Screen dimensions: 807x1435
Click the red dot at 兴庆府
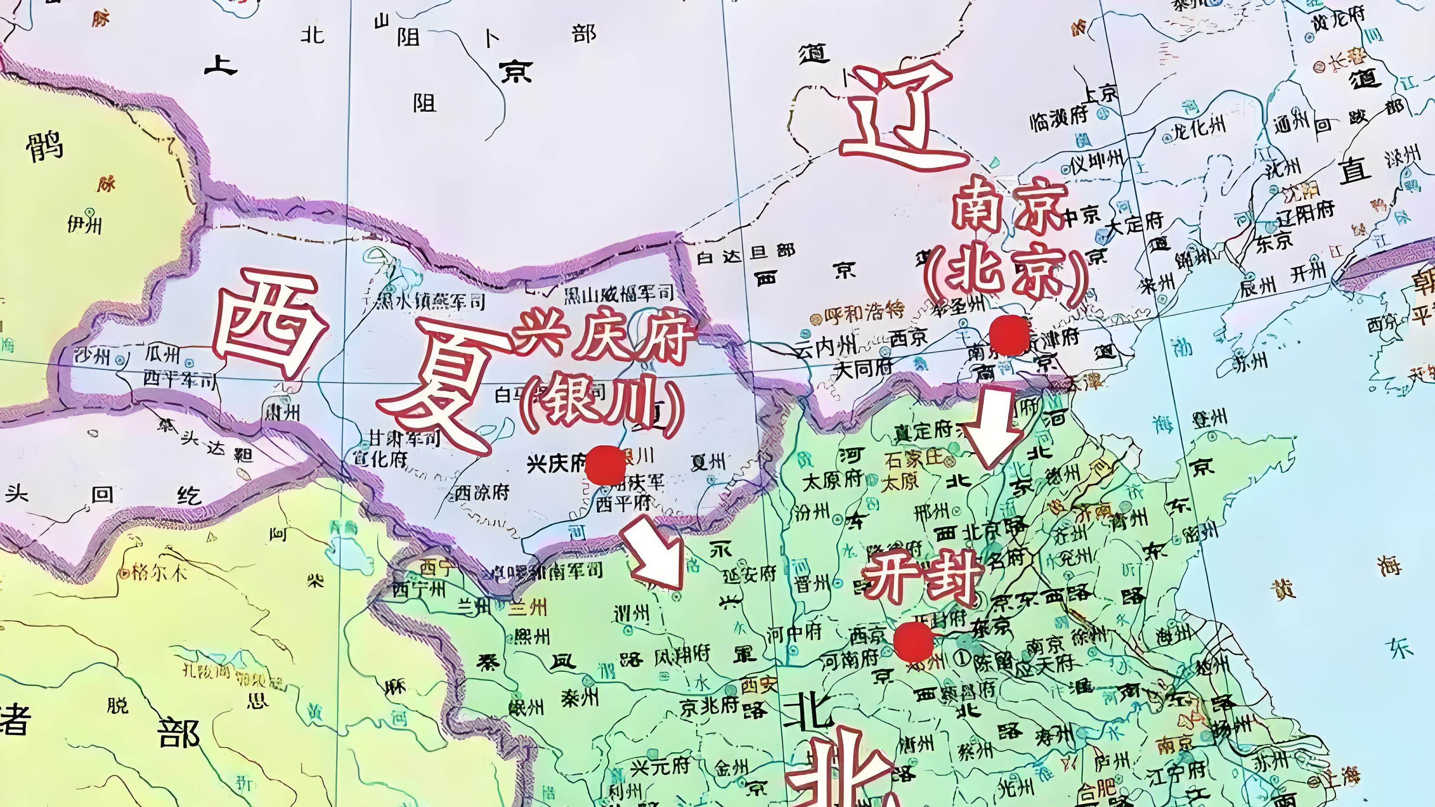(x=606, y=464)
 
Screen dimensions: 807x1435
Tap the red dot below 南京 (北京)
(x=1009, y=335)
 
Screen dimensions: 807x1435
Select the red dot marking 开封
(x=914, y=642)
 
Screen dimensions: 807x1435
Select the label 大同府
(x=864, y=368)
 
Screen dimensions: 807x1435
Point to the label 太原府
(x=832, y=480)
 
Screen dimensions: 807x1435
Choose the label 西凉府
(x=482, y=493)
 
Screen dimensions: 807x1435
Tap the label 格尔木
(x=159, y=573)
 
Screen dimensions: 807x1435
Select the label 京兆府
(x=708, y=706)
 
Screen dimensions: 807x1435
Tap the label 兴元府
(x=660, y=767)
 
